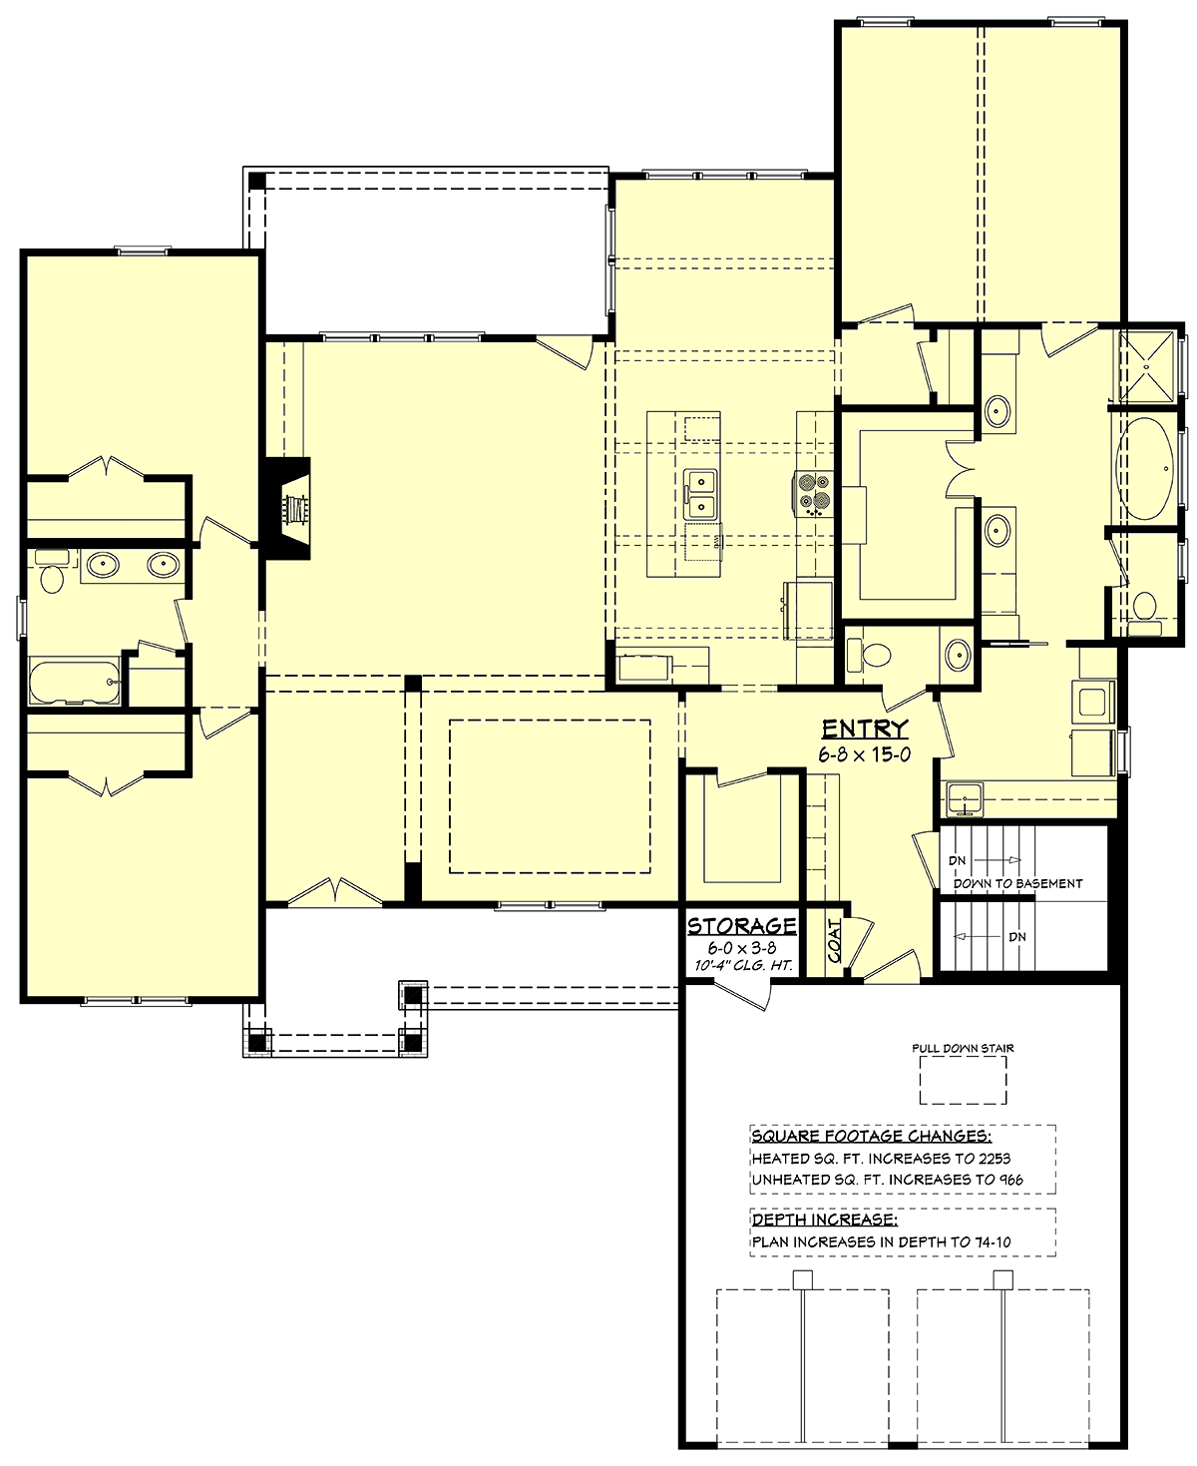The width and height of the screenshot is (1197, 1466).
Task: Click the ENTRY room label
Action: click(864, 729)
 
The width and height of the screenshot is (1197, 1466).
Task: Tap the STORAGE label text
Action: click(741, 925)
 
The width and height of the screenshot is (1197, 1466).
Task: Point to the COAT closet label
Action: click(834, 940)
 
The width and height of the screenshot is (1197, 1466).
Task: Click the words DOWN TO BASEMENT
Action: click(1017, 883)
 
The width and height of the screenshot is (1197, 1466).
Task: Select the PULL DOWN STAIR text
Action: click(963, 1048)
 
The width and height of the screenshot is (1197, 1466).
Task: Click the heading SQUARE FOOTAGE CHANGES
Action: click(871, 1136)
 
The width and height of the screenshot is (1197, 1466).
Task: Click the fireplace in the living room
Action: click(285, 509)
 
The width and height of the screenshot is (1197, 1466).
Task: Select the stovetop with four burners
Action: click(814, 494)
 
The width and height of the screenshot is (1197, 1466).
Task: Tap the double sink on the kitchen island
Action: click(700, 494)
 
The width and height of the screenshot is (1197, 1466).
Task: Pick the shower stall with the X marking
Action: click(1144, 366)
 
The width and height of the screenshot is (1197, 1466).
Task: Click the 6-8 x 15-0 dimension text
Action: click(864, 754)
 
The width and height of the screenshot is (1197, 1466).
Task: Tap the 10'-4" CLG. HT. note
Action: click(743, 965)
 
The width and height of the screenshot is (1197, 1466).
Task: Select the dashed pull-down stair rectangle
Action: click(963, 1080)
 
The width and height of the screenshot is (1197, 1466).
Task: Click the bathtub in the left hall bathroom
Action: click(75, 682)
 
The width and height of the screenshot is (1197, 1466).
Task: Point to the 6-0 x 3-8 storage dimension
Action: click(742, 947)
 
